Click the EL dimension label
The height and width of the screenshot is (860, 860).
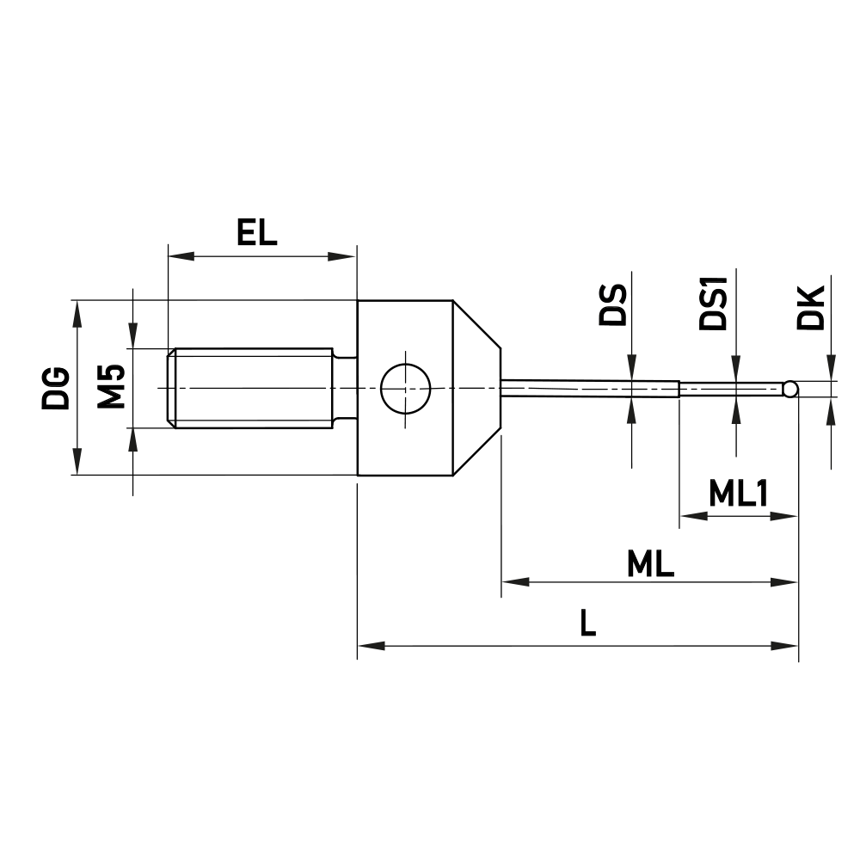[258, 233]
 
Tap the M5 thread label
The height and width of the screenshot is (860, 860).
[111, 386]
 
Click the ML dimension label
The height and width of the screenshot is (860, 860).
[650, 564]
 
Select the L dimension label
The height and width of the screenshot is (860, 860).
[587, 623]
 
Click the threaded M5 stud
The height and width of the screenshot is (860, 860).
[254, 388]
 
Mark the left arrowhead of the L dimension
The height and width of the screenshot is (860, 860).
[368, 644]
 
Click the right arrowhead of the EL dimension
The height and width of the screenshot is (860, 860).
[346, 255]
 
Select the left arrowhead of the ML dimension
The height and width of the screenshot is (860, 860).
[512, 582]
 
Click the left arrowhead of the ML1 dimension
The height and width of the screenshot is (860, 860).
[691, 516]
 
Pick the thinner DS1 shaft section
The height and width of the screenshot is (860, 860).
[731, 389]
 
